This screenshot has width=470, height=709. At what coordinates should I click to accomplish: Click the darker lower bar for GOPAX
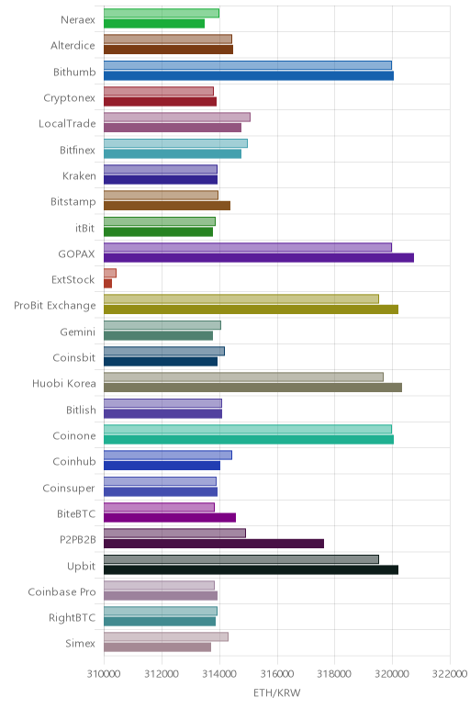point(259,258)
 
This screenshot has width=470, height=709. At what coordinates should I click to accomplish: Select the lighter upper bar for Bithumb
point(248,65)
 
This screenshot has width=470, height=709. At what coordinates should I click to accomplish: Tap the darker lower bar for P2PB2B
point(214,544)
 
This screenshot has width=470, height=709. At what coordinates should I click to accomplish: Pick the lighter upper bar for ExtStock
point(110,273)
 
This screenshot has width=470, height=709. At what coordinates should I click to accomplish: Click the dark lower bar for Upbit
point(251,569)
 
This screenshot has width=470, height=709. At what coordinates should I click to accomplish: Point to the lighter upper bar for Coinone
point(248,429)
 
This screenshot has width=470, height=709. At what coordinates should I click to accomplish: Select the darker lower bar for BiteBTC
point(170,518)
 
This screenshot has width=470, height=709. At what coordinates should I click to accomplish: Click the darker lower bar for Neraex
point(154,24)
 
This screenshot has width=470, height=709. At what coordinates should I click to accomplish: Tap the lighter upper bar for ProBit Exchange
point(241,298)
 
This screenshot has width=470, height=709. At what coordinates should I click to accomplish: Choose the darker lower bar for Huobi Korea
point(252,388)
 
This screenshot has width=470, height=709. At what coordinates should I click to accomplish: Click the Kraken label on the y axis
point(79,176)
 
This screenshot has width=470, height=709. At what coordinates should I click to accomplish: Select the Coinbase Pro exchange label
point(62,591)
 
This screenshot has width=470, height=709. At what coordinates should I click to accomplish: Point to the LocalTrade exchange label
point(67,124)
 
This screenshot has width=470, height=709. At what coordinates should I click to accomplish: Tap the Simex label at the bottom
point(81,644)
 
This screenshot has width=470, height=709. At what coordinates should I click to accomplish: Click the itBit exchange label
point(85,228)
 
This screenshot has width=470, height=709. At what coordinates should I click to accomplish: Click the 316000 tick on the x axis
point(277,674)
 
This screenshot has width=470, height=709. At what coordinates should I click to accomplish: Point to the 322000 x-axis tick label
point(450,674)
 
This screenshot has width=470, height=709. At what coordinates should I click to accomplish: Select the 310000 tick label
point(104,674)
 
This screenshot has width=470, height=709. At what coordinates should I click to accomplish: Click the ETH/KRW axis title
point(276,692)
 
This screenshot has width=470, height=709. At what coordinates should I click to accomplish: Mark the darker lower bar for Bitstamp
point(167,206)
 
